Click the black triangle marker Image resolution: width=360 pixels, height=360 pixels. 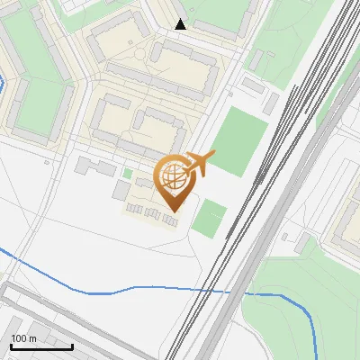(180, 24)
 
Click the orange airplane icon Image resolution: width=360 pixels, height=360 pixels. (200, 164)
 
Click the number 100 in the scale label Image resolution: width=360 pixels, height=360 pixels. (20, 338)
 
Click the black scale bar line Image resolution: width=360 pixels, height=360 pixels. (41, 346)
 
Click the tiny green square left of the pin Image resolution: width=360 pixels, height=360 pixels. (128, 173)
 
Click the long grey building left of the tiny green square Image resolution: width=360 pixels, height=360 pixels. (95, 167)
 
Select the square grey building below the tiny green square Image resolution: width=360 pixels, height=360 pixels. (121, 190)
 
